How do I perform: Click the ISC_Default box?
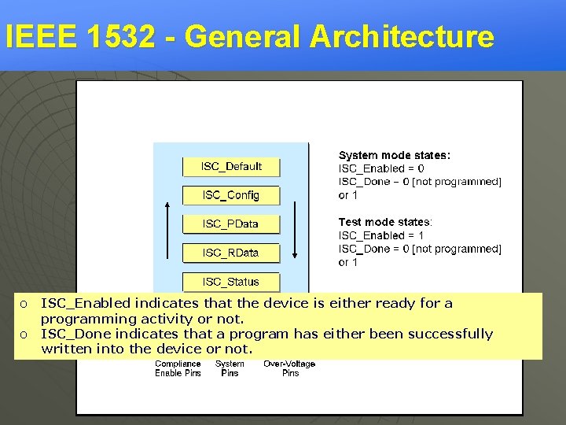(231, 167)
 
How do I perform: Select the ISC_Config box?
(231, 195)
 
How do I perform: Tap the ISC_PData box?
(231, 224)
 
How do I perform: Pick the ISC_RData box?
(231, 253)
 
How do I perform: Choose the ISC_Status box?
(231, 282)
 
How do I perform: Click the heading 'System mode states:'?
(395, 156)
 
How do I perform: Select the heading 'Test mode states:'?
(385, 223)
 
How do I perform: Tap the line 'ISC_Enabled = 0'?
(381, 168)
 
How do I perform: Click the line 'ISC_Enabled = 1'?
(381, 235)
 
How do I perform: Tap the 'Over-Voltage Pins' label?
(290, 368)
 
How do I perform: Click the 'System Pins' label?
(230, 368)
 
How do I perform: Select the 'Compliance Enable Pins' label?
(178, 368)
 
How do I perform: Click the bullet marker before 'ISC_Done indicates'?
(24, 334)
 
